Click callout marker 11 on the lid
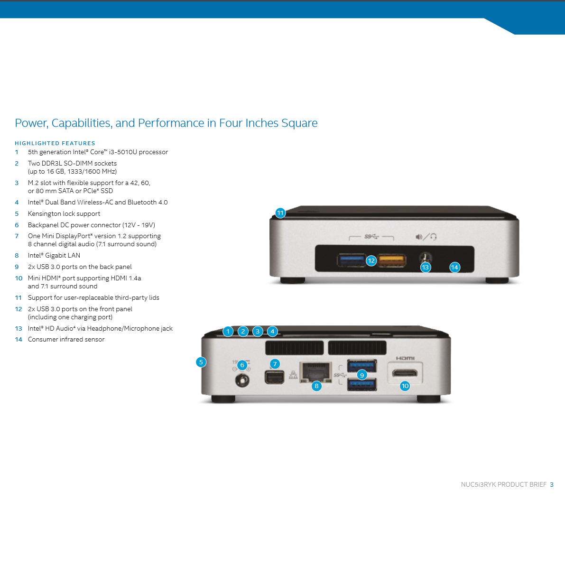pos(280,213)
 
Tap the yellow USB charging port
pos(392,260)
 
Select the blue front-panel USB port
pos(351,260)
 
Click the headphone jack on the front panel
pos(425,257)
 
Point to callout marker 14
pos(455,268)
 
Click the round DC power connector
pos(242,380)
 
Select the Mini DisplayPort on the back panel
pos(274,377)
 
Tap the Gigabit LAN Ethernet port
pos(315,372)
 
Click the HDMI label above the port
pos(406,358)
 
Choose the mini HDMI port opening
pos(405,373)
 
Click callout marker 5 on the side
pos(201,362)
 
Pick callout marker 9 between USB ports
pos(362,375)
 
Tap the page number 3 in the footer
pos(552,485)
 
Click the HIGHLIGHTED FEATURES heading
pos(55,143)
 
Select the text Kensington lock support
pos(64,213)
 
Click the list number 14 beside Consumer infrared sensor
pos(19,340)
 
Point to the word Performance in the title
pos(171,123)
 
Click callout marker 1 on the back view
pos(228,332)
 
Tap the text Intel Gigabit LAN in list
pos(54,256)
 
